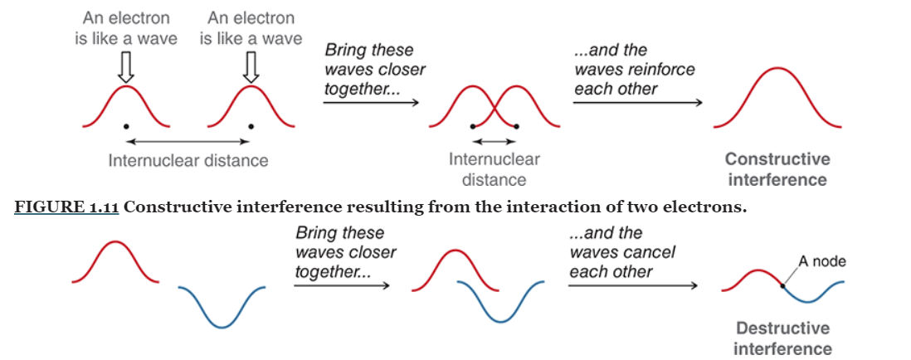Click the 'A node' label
[x=821, y=262]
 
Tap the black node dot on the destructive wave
[x=783, y=286]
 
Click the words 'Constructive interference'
[x=777, y=169]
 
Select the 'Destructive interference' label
[x=782, y=338]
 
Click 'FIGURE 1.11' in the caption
[x=66, y=207]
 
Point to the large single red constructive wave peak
[x=777, y=71]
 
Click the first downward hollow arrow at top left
[x=125, y=66]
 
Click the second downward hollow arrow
[x=249, y=66]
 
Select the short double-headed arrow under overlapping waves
[x=494, y=141]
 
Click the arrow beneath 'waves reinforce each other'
[x=637, y=104]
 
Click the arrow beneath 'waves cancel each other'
[x=632, y=287]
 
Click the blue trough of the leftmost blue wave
[x=222, y=326]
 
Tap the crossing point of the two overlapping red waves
[x=494, y=107]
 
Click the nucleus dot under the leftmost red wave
[x=125, y=126]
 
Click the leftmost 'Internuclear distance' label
[x=188, y=160]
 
